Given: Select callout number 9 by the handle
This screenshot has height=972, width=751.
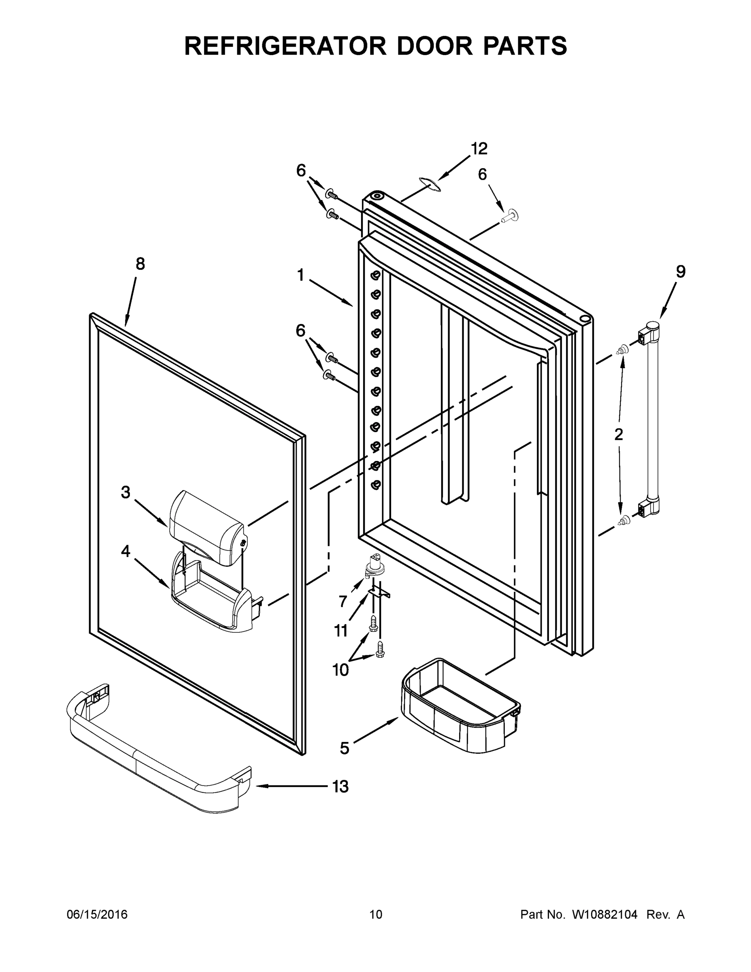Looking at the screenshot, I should (680, 271).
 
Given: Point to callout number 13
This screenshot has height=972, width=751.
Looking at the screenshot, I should (340, 787).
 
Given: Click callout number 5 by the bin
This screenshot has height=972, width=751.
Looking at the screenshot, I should (345, 748).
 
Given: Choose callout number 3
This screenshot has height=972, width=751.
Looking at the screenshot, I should (126, 492).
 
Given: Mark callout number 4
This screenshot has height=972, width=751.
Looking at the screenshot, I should (126, 552).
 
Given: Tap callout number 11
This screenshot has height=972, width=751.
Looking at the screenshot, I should (341, 631).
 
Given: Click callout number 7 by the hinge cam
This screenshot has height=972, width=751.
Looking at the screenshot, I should (343, 602).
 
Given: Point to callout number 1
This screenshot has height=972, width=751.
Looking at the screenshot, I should (301, 275).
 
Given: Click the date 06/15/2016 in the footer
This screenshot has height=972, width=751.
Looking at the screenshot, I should (97, 914).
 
